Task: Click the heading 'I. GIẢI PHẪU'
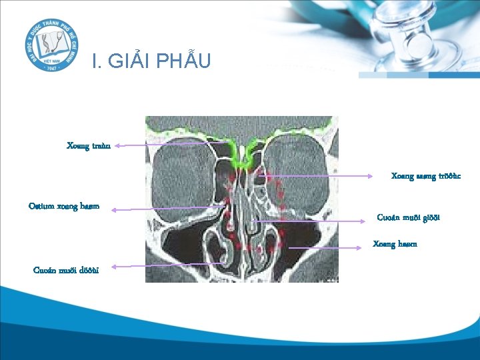click(151, 61)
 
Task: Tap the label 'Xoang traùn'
click(88, 145)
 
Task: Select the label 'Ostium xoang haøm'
click(64, 206)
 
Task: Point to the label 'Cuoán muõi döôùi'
click(66, 270)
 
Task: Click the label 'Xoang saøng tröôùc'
click(425, 177)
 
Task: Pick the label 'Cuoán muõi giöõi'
click(408, 217)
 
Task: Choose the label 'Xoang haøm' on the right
click(395, 244)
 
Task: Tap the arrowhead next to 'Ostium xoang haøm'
click(114, 210)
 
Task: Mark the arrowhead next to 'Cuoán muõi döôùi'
click(114, 267)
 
